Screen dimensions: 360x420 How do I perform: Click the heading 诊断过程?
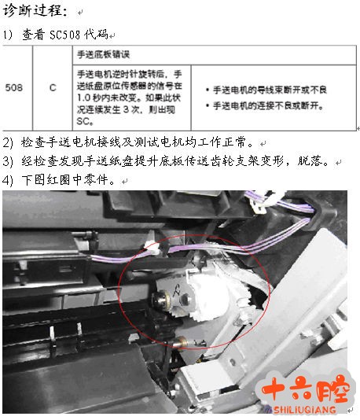coord(35,11)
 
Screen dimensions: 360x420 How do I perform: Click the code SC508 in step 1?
coord(64,35)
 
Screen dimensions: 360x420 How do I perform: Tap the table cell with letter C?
coord(53,87)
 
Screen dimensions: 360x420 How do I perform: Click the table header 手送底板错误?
coord(103,54)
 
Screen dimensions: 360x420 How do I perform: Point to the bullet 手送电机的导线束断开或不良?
coord(266,90)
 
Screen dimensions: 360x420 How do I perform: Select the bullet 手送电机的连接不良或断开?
coord(264,105)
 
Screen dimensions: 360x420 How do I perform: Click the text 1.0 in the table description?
coord(83,98)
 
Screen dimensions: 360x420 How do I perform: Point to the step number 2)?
coord(8,142)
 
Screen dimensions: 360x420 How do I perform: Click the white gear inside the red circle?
coord(211,297)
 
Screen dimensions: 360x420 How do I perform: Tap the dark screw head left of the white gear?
coord(160,300)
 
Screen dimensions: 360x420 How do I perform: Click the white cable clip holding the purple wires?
coord(152,249)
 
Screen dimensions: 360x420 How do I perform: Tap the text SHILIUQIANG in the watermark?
coord(305,410)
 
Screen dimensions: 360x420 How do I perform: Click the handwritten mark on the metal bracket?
coord(177,289)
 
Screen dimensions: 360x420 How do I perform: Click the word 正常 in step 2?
coord(236,142)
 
